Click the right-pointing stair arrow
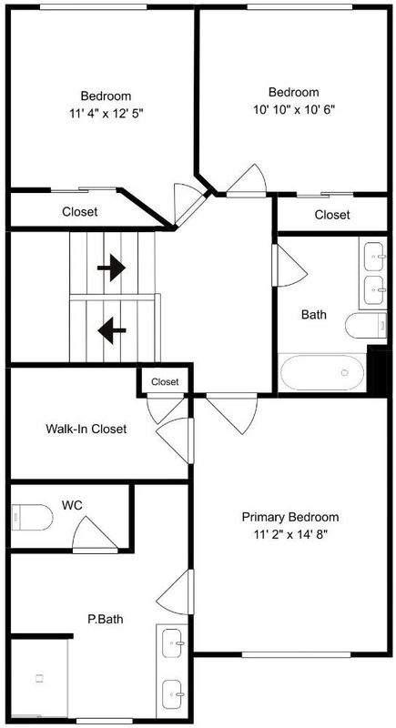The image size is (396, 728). [111, 268]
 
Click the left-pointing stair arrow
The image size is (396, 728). [111, 330]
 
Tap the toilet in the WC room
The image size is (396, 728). [32, 517]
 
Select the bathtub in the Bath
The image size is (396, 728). [323, 372]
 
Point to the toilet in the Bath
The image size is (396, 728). [366, 325]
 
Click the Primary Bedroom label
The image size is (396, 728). [290, 517]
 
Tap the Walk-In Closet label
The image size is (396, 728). [86, 429]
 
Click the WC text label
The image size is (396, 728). [72, 505]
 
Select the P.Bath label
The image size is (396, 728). [106, 619]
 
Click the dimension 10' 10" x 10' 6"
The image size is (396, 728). [294, 109]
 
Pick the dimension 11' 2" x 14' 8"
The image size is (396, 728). [290, 534]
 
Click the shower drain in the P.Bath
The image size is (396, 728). [39, 678]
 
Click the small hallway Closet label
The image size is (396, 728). [165, 382]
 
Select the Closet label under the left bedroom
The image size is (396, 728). [80, 212]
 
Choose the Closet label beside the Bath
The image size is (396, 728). [332, 215]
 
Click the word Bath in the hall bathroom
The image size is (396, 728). [314, 314]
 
